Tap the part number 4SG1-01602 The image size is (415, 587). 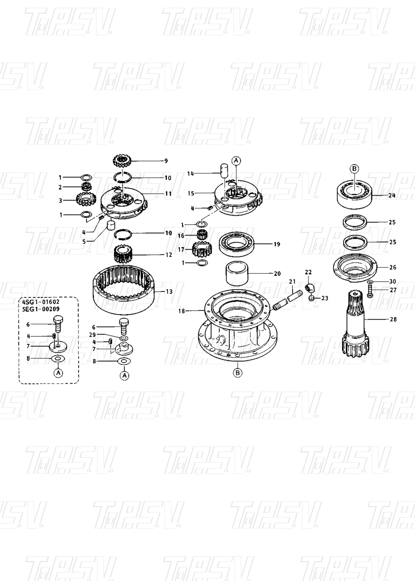[41, 302]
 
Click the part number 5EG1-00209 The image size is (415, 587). [41, 309]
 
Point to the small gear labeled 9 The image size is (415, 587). [123, 161]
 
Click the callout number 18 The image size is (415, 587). [181, 311]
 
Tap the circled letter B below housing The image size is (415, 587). [237, 372]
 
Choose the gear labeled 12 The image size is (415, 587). [124, 254]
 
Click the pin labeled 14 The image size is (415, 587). [224, 170]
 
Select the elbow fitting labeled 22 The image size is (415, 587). [310, 287]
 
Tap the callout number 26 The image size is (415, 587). [393, 267]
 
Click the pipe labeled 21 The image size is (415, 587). [288, 300]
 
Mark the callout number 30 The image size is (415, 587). [393, 282]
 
